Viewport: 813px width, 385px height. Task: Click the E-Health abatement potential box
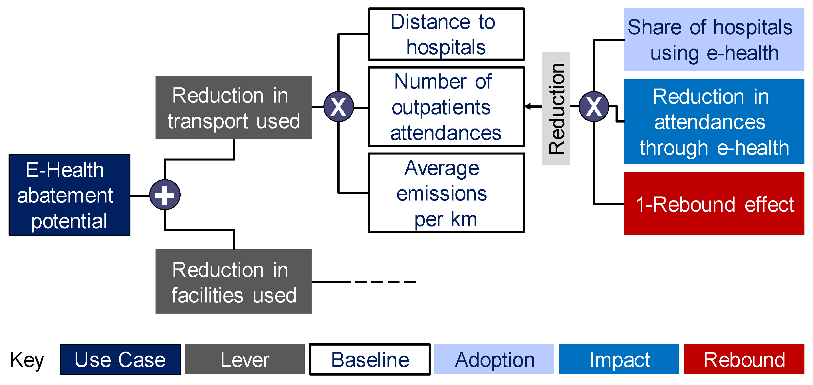tap(69, 195)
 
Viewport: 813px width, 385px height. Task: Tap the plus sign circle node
tap(165, 195)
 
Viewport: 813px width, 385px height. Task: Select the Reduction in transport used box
tap(233, 107)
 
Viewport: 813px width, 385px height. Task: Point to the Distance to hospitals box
tap(446, 34)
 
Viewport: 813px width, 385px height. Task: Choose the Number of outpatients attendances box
tap(446, 107)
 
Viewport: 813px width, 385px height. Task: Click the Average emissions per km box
tap(446, 193)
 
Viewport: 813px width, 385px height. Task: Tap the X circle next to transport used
tap(339, 107)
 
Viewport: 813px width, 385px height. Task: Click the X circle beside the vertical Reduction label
tap(594, 107)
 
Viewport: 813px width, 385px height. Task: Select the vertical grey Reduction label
tap(556, 108)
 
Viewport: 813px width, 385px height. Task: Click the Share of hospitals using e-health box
tap(714, 40)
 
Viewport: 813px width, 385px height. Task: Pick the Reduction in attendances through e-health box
tap(714, 121)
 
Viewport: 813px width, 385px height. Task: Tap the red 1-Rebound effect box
tap(714, 204)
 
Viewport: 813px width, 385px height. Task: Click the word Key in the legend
tap(27, 360)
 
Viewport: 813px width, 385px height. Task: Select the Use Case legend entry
tap(120, 359)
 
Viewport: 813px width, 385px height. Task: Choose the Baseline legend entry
tap(370, 359)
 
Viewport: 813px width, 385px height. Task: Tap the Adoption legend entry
tap(494, 359)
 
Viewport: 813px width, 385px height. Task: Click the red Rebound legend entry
tap(744, 359)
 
